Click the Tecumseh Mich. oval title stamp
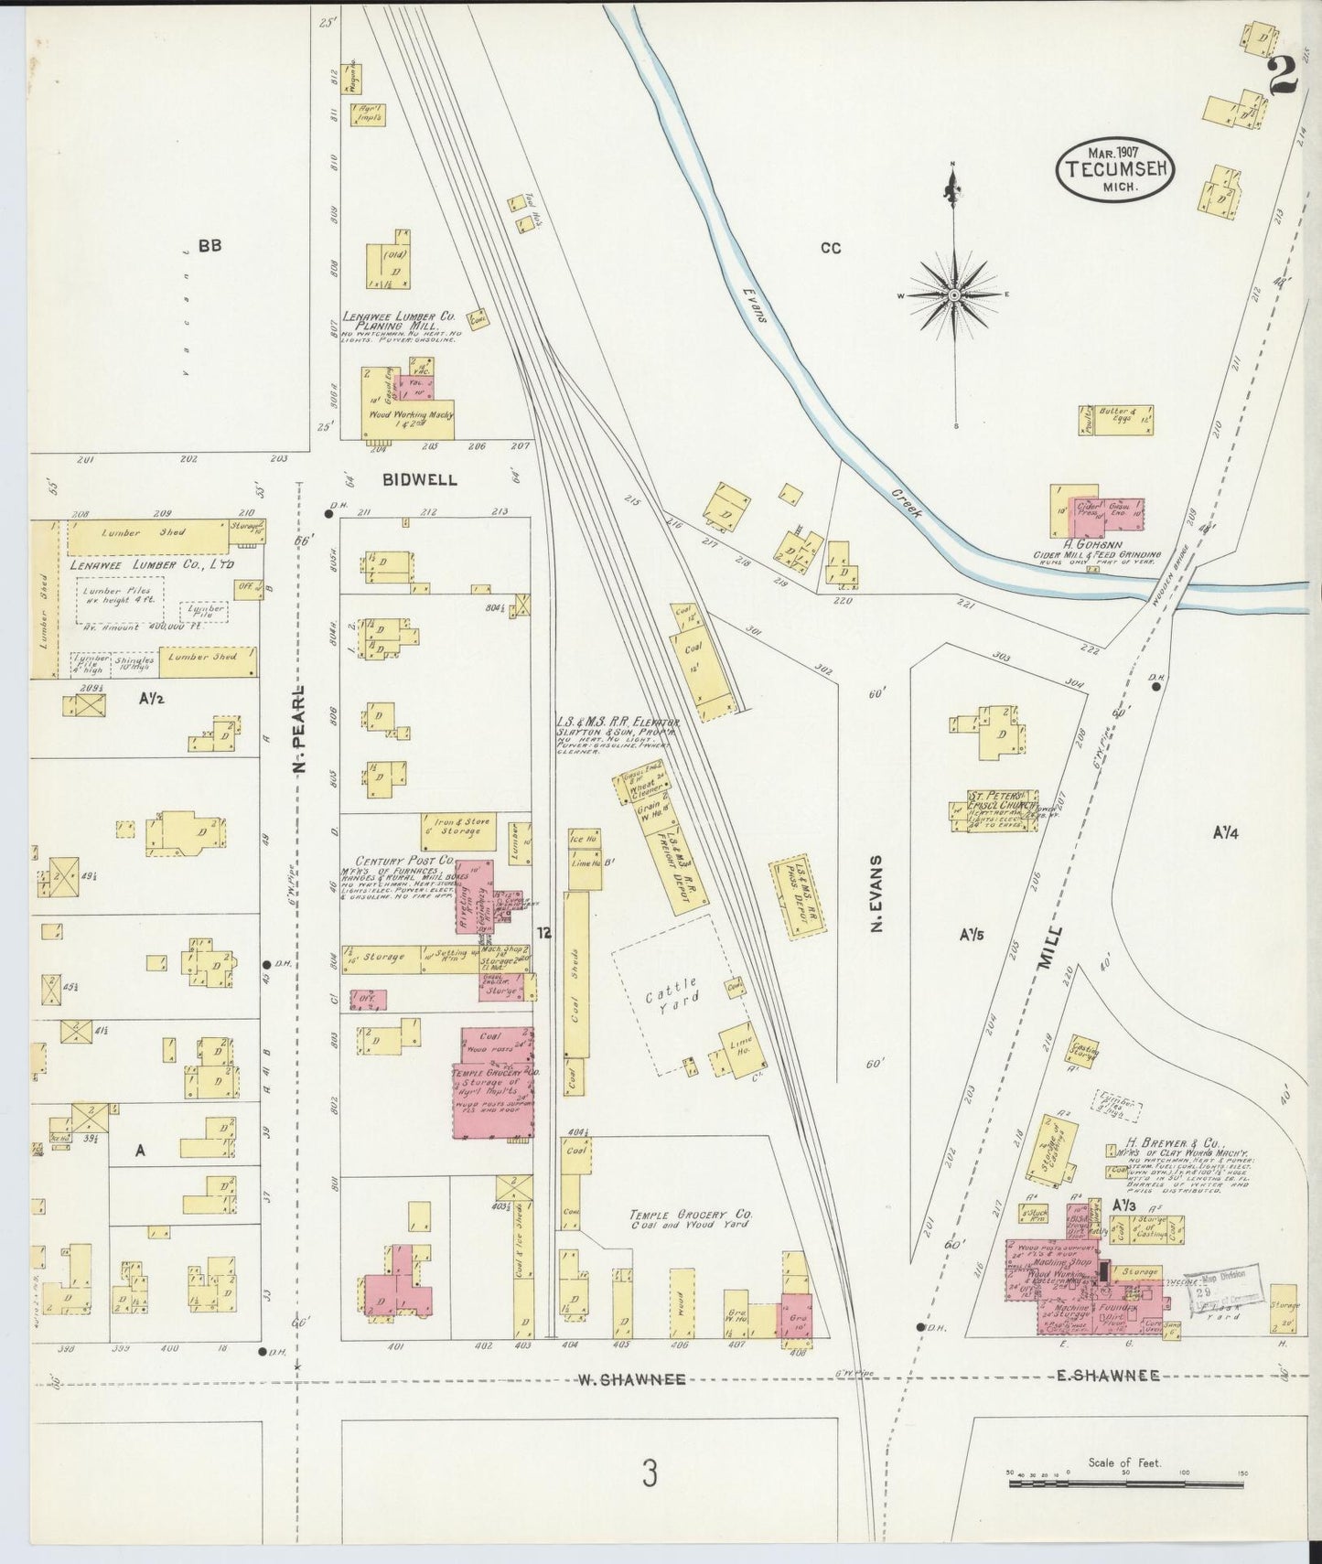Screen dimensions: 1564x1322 (1115, 167)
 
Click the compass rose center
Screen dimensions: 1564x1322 (954, 295)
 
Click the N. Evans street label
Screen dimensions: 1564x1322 (876, 894)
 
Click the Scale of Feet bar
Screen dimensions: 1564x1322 (1125, 1483)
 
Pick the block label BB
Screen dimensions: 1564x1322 (210, 245)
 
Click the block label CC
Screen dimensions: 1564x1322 (830, 247)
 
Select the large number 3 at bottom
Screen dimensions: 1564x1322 (649, 1475)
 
